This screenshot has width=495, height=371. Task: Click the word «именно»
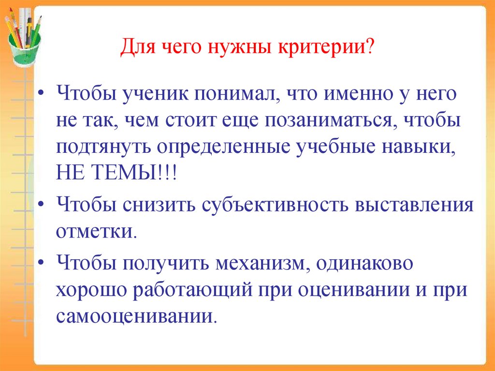pos(350,93)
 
